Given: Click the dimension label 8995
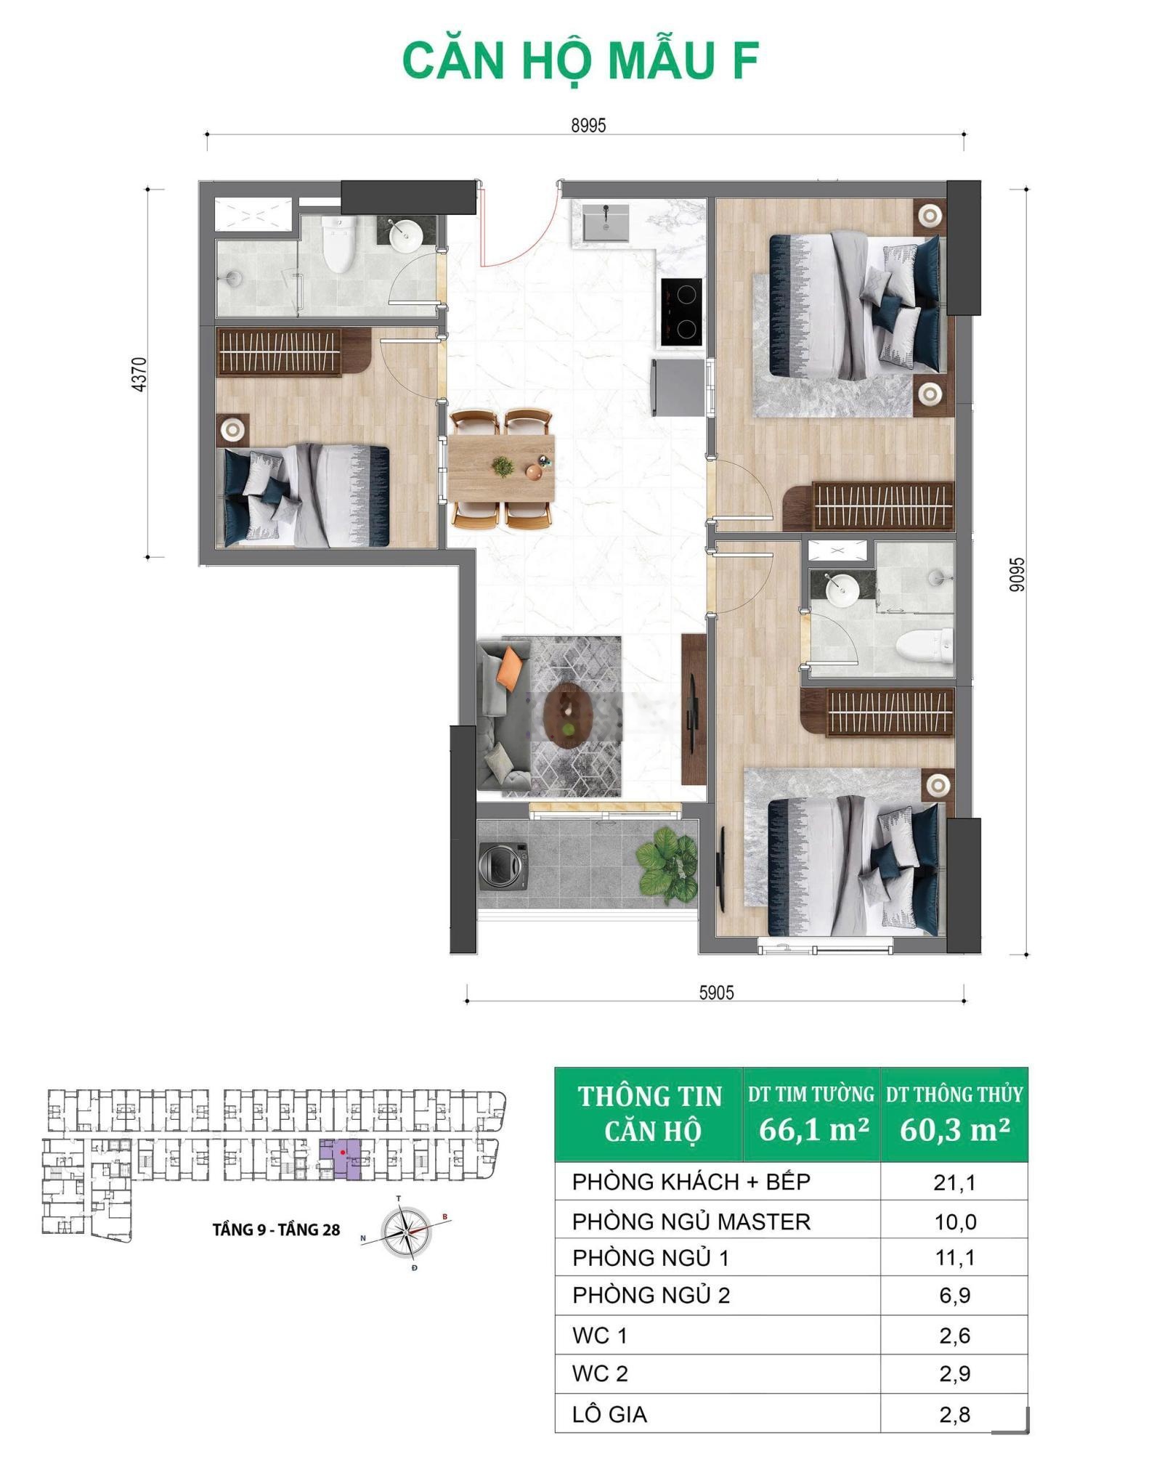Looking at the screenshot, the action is pos(588,125).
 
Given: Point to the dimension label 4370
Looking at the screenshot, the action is pos(139,374).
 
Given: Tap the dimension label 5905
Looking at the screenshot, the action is pos(716,993).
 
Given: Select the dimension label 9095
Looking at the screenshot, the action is pos(1017,574).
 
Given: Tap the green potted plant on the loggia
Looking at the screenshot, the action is pos(667,865).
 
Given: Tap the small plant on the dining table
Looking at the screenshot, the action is pos(503,466).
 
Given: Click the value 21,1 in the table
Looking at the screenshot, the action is pos(954,1183).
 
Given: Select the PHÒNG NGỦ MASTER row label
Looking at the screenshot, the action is pos(691,1222).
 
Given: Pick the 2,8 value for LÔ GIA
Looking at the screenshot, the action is pos(954,1414).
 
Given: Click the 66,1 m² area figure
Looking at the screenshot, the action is pos(813,1129).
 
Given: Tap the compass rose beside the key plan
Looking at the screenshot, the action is pos(406,1232).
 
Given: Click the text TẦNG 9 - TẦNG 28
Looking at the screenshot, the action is pos(277,1230).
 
